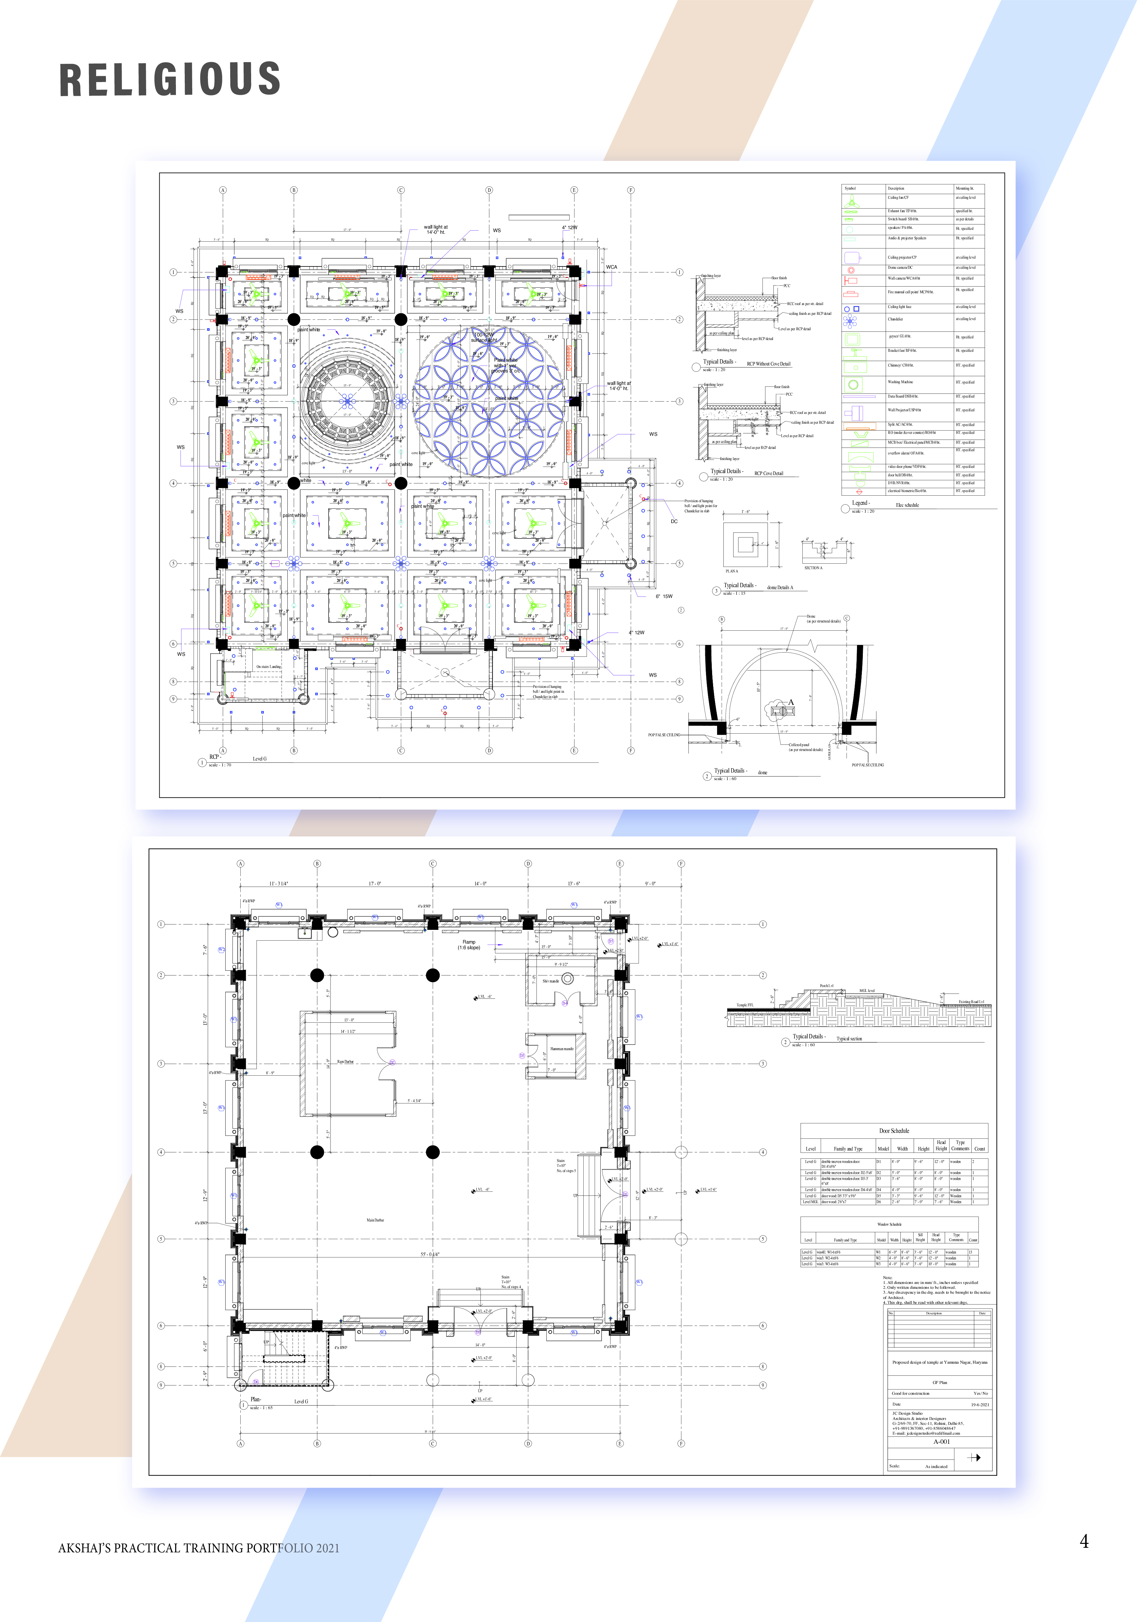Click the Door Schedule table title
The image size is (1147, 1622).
(x=894, y=1130)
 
